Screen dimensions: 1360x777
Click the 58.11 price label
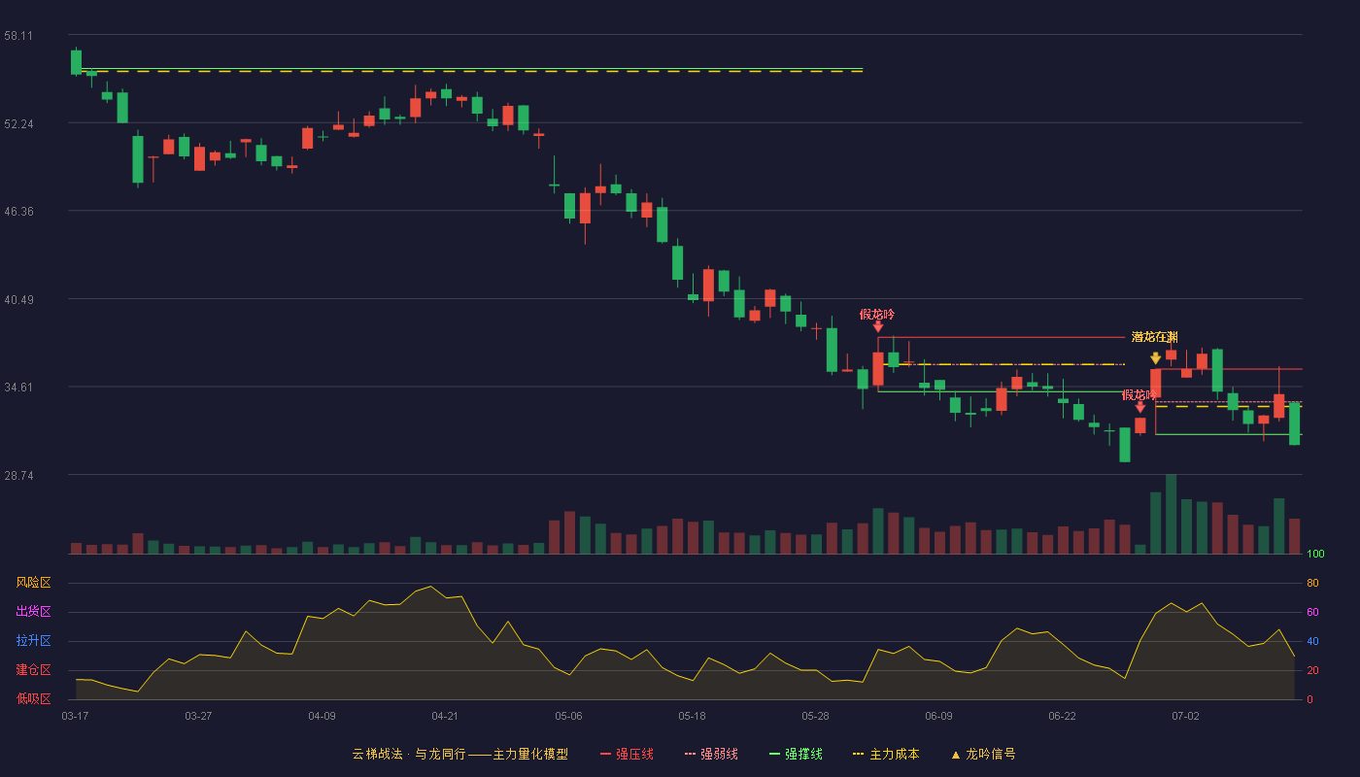point(18,36)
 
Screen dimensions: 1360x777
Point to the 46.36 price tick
point(18,212)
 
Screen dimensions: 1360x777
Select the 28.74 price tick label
point(18,476)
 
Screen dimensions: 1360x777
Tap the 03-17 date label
point(76,717)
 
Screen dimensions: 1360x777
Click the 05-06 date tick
point(568,717)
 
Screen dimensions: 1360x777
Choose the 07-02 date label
point(1185,717)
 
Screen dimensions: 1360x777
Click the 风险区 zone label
point(33,583)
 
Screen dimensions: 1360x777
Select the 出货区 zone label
point(33,611)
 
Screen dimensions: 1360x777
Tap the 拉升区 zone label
point(33,640)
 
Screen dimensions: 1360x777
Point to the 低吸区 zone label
point(33,698)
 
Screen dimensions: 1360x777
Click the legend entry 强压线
point(627,754)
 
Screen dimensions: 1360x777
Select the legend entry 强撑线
point(796,754)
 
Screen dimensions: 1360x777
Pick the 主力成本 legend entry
point(886,754)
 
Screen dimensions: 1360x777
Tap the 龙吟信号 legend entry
point(983,754)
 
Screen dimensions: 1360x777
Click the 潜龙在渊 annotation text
point(1154,337)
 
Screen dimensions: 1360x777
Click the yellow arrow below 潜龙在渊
point(1155,358)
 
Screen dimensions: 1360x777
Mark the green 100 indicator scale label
point(1315,554)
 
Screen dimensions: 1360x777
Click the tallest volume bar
point(1171,514)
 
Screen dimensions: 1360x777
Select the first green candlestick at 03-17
point(76,62)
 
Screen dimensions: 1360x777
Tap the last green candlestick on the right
point(1294,423)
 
